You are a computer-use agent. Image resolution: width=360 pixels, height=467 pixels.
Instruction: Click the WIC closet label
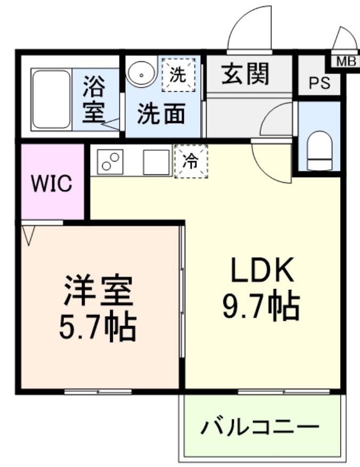coord(51,184)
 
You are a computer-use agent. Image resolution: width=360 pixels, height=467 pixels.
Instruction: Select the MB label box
coord(346,62)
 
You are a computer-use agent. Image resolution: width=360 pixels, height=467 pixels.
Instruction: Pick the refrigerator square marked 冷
coord(190,160)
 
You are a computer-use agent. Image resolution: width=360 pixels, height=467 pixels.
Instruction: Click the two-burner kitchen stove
coord(110,160)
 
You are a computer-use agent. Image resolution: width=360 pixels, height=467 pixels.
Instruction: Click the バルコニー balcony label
coord(260,428)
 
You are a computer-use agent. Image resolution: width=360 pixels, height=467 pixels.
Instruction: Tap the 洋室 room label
coord(98,292)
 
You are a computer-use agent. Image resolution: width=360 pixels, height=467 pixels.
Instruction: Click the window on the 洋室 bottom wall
coord(98,392)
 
